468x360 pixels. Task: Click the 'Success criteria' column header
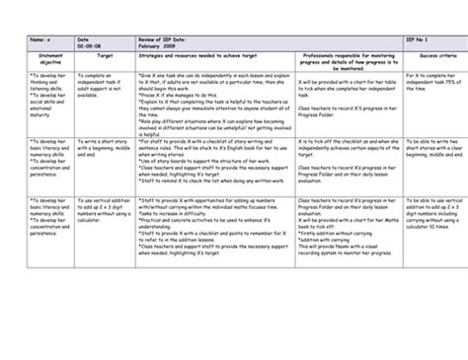pyautogui.click(x=429, y=83)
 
